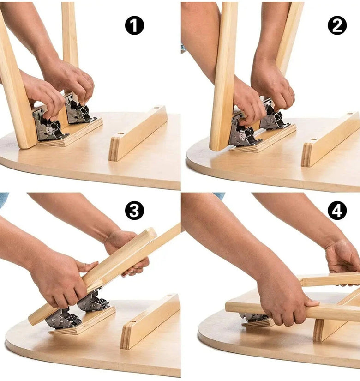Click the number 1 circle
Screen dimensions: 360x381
(134, 25)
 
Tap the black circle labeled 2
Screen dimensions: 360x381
(337, 25)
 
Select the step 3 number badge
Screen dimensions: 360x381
(134, 211)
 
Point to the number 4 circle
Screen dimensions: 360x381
(337, 211)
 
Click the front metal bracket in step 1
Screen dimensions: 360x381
(48, 127)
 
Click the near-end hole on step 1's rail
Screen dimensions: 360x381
(120, 134)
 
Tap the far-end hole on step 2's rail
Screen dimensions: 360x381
(350, 114)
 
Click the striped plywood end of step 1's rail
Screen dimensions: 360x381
(113, 149)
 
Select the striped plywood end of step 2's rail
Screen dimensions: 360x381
(306, 155)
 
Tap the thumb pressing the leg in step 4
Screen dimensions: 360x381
(312, 303)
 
